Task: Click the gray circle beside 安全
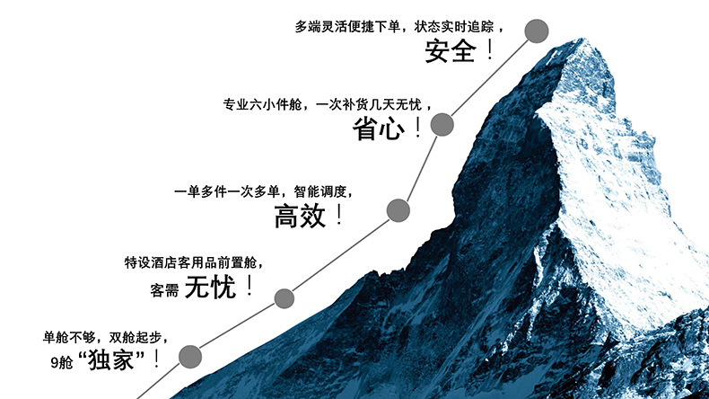coord(537,31)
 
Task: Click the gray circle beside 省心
coord(441,124)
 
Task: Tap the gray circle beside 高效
coord(398,211)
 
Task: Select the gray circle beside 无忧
coord(284,298)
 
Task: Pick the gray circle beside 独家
coord(190,358)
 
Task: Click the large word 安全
coord(451,51)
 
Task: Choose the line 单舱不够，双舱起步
coord(105,337)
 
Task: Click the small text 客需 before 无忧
coord(165,290)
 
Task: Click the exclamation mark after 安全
coord(490,50)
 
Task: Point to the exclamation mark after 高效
coord(338,215)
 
